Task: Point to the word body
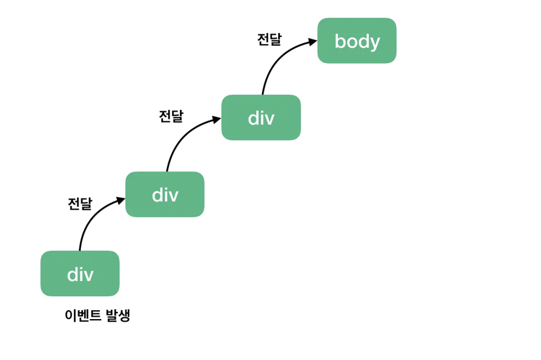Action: click(357, 41)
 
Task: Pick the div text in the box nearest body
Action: click(261, 118)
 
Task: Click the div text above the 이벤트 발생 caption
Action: click(80, 274)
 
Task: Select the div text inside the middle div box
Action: click(165, 195)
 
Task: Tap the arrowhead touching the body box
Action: click(313, 42)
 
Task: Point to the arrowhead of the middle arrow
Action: click(216, 120)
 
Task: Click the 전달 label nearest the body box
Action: click(269, 40)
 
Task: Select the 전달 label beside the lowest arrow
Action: click(80, 204)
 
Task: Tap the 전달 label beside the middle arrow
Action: click(171, 116)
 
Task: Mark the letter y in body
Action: click(375, 43)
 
